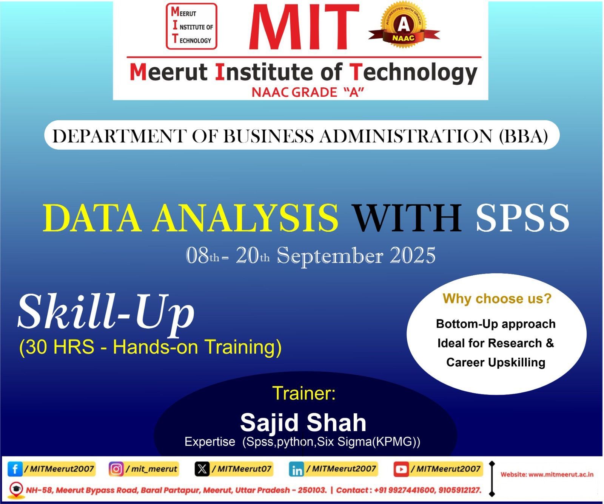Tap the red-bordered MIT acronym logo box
192,26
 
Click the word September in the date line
330,257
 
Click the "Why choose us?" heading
497,299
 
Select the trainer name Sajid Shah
303,422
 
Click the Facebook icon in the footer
15,469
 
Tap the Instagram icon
116,469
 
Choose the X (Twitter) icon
202,469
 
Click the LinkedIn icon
297,470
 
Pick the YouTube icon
401,469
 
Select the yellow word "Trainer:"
304,393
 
